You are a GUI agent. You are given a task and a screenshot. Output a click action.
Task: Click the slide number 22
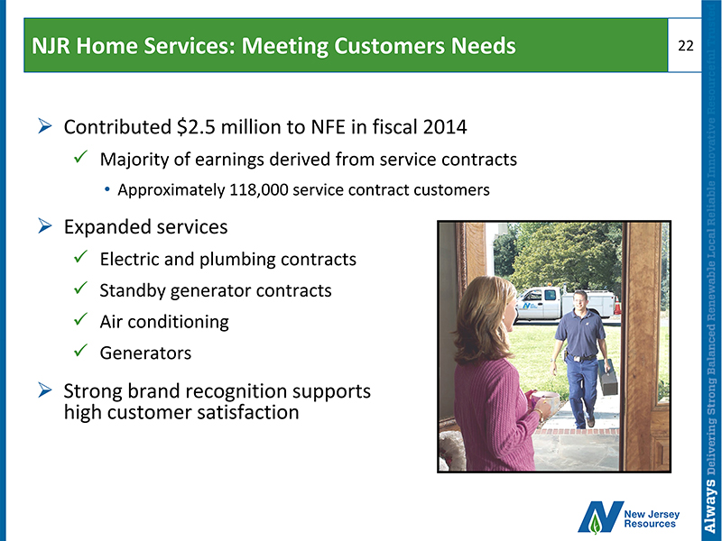pos(686,46)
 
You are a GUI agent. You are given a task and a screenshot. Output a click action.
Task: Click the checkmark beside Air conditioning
pos(80,318)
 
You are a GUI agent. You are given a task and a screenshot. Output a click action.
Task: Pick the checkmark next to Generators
pos(80,350)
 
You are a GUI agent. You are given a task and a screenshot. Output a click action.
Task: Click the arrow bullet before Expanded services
pos(45,226)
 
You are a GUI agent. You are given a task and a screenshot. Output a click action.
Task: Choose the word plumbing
pos(237,260)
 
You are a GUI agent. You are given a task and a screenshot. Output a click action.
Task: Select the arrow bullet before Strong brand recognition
pos(45,390)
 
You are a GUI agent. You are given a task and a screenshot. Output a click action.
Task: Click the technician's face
pos(580,301)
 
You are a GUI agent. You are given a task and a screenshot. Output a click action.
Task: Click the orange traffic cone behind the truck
pos(617,306)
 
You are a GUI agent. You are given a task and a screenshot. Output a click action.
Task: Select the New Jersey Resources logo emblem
pos(600,517)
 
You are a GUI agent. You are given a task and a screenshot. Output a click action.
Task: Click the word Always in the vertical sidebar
pos(711,505)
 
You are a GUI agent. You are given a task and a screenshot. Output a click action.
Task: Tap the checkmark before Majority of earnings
pos(80,157)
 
